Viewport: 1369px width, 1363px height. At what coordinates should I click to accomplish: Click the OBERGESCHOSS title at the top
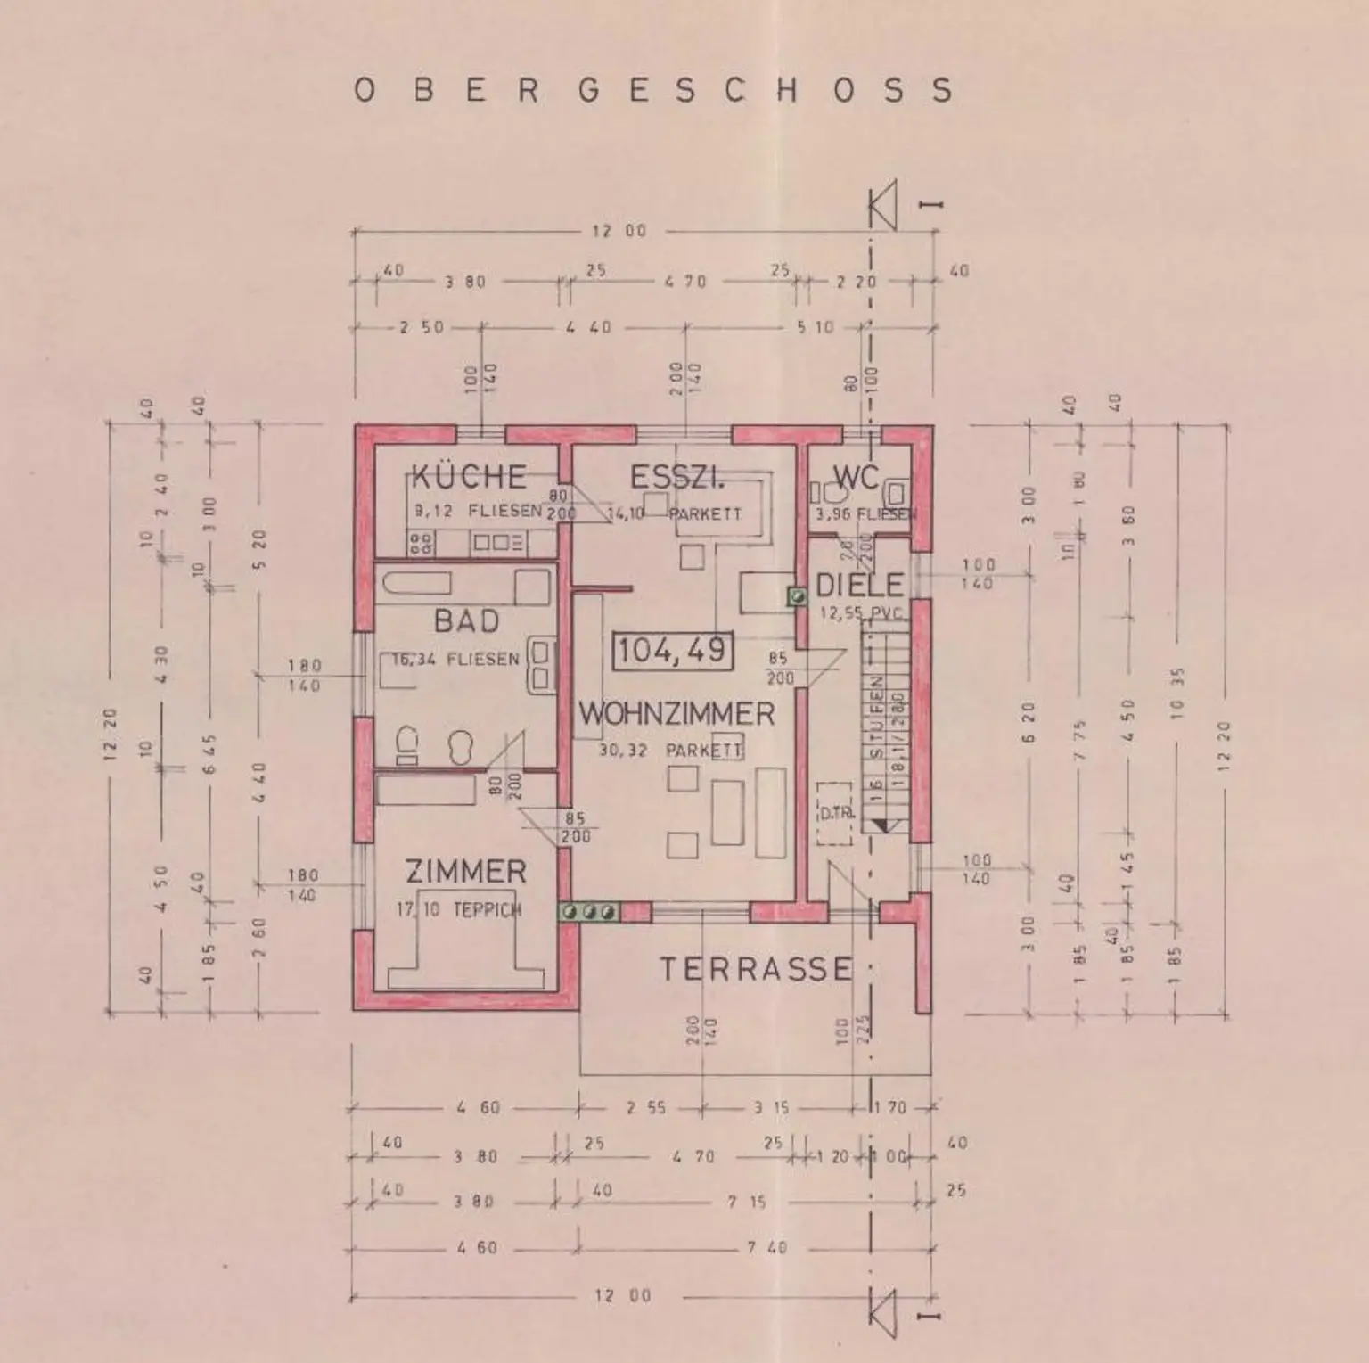pyautogui.click(x=653, y=90)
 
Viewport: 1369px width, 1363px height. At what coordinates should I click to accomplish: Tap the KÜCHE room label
pyautogui.click(x=469, y=477)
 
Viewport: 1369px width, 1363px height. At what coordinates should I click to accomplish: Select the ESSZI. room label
pyautogui.click(x=677, y=478)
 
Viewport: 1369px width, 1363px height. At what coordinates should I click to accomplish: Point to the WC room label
pyautogui.click(x=857, y=478)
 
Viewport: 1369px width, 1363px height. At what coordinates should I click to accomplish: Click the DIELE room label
pyautogui.click(x=860, y=586)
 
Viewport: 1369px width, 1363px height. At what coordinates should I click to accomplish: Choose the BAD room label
pyautogui.click(x=466, y=620)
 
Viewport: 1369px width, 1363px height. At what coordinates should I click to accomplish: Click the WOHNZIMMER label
pyautogui.click(x=676, y=714)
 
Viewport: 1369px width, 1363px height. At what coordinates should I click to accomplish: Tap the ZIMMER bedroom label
pyautogui.click(x=465, y=871)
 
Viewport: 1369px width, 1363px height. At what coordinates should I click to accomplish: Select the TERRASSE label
pyautogui.click(x=756, y=969)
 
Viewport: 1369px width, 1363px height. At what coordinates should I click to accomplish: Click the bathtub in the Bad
pyautogui.click(x=417, y=585)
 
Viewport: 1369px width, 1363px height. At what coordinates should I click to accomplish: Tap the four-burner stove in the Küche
pyautogui.click(x=421, y=542)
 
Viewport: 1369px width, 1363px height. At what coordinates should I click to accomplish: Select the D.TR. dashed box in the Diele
pyautogui.click(x=835, y=813)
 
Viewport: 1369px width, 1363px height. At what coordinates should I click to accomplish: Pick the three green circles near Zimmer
pyautogui.click(x=589, y=912)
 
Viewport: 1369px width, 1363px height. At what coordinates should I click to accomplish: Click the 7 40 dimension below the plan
pyautogui.click(x=765, y=1248)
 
